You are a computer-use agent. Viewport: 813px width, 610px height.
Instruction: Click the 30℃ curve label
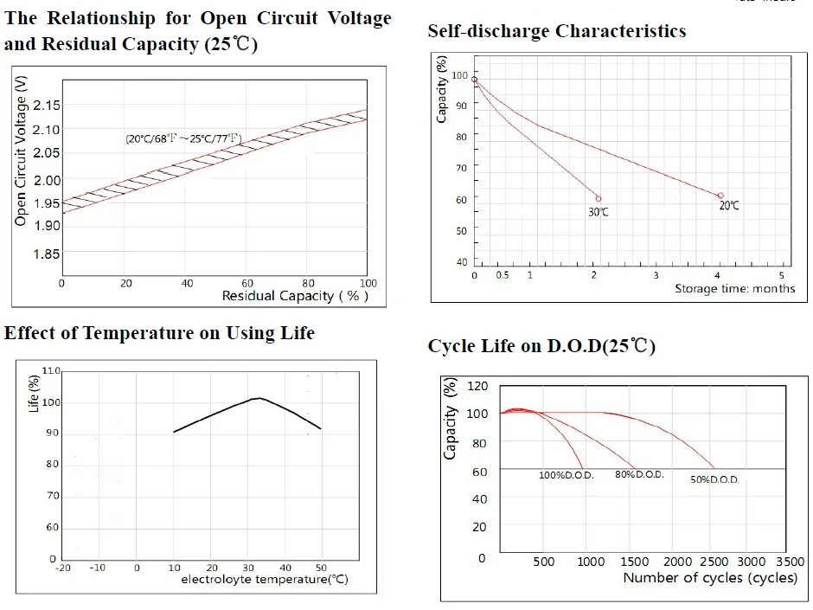tap(599, 212)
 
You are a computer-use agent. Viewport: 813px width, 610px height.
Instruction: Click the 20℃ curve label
tap(729, 206)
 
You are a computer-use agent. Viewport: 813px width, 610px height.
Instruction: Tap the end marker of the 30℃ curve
tap(598, 199)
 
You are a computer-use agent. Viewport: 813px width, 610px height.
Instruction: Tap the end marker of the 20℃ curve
tap(720, 196)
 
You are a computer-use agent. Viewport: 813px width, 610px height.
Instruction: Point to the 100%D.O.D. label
tap(567, 476)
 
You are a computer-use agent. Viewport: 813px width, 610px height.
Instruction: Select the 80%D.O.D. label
tap(638, 475)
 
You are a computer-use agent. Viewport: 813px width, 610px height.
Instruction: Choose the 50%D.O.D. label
tap(714, 479)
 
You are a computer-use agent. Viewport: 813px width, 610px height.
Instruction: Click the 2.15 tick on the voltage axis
tap(46, 106)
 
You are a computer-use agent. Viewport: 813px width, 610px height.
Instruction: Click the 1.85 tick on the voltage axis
tap(46, 254)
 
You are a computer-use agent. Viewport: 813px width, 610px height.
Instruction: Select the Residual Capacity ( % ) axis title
tap(295, 296)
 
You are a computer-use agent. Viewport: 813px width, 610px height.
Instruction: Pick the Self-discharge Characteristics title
tap(556, 31)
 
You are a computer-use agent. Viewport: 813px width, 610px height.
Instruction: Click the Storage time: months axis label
tap(734, 289)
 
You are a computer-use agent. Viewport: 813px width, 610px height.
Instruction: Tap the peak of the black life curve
tap(259, 398)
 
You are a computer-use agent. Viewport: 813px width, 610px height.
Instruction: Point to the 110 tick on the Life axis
tap(50, 371)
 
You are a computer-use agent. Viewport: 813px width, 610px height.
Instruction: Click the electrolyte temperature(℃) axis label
tap(265, 580)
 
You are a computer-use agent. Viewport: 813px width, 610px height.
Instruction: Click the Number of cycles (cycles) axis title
tap(709, 578)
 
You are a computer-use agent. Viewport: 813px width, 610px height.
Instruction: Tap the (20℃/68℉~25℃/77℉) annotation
tap(183, 138)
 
